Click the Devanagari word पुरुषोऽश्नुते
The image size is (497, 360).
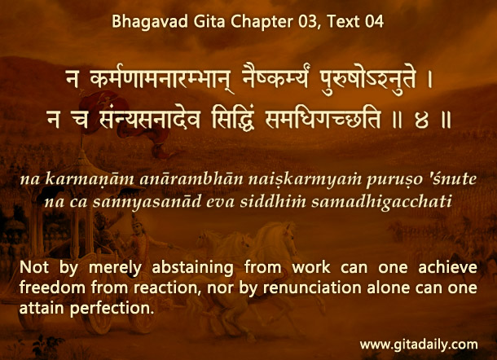tap(367, 80)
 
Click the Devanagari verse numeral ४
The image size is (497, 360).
tap(421, 121)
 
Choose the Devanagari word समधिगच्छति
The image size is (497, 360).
tap(323, 120)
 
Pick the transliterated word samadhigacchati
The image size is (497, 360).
tap(381, 202)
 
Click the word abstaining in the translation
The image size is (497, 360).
tap(193, 268)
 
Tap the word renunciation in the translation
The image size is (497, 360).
tap(312, 288)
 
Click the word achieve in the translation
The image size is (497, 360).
tap(447, 267)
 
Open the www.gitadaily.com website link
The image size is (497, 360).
tap(419, 345)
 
